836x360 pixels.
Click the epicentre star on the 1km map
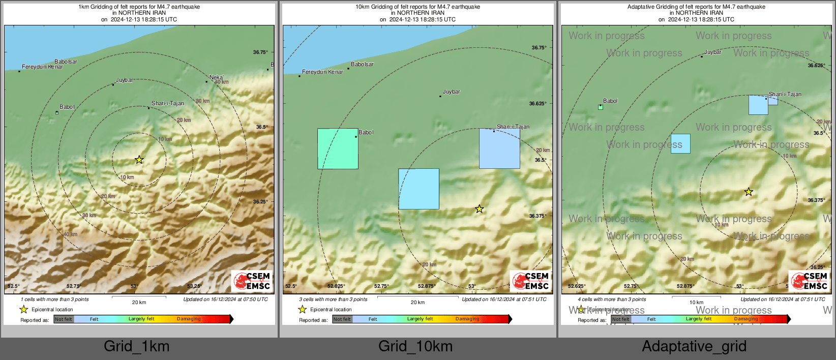[x=139, y=160]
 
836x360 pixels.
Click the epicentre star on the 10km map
[x=479, y=209]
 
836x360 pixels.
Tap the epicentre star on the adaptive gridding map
[x=749, y=192]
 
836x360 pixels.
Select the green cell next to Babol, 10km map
[x=338, y=148]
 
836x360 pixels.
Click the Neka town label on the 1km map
[x=216, y=77]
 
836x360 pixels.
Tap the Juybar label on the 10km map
[x=451, y=92]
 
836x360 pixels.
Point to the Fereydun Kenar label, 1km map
[x=43, y=67]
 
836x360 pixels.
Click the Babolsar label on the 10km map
[x=362, y=65]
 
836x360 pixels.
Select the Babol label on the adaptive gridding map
[x=610, y=101]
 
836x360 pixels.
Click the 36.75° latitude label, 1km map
[x=260, y=52]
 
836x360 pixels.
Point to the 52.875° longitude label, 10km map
[x=426, y=286]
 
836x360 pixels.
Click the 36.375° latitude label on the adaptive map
[x=816, y=200]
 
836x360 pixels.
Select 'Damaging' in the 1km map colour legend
[x=189, y=319]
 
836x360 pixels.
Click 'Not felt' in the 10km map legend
[x=342, y=319]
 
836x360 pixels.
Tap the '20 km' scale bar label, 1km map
[x=139, y=303]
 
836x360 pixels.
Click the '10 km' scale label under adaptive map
[x=696, y=303]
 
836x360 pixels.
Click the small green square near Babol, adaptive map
[x=601, y=107]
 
